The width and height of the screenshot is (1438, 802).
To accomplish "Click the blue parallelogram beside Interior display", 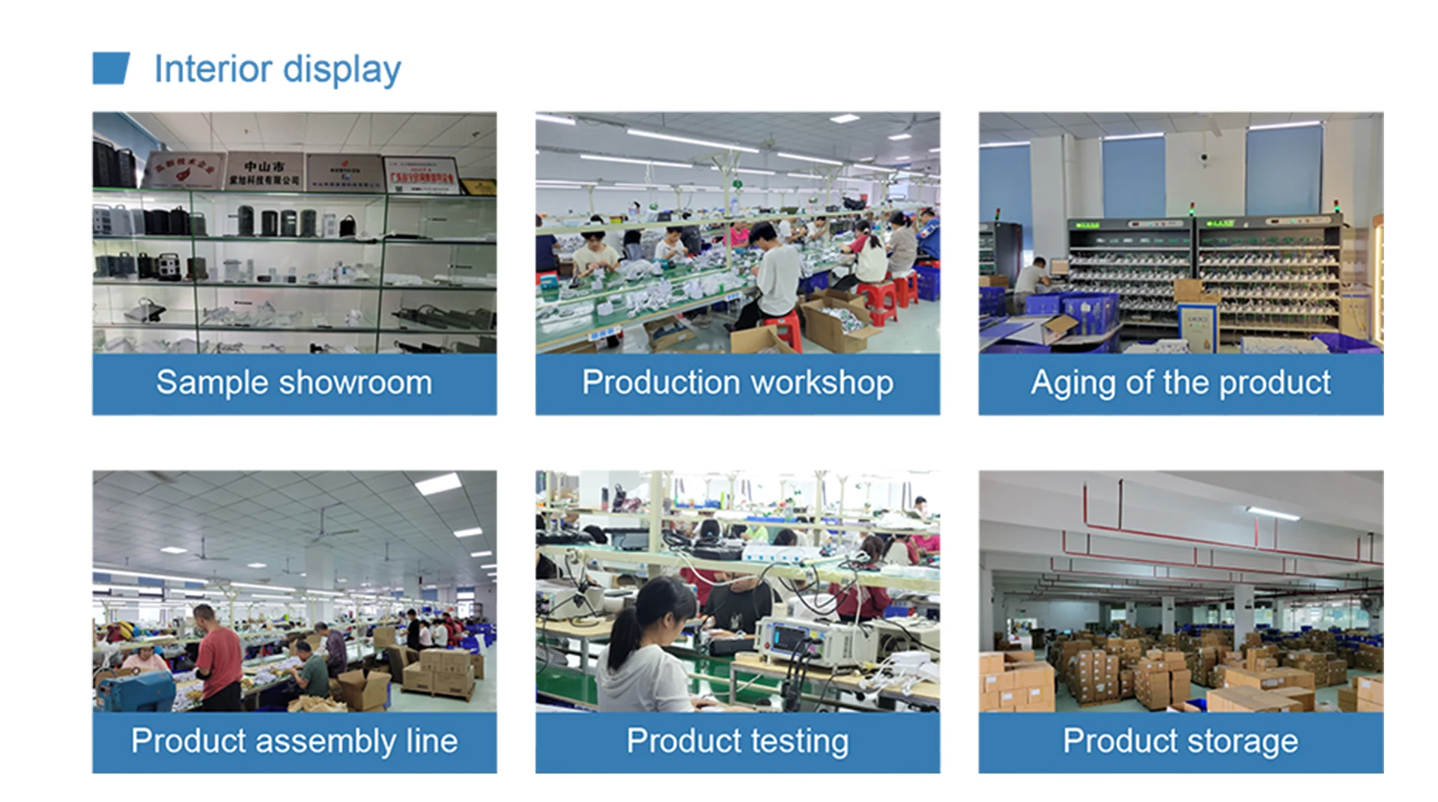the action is (x=111, y=68).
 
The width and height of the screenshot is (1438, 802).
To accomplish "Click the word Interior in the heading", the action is (x=213, y=69).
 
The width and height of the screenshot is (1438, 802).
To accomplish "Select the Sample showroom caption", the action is (x=294, y=383).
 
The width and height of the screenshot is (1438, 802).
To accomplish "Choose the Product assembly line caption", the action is (x=294, y=741).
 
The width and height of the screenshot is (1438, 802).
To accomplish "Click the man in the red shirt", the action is (x=216, y=659).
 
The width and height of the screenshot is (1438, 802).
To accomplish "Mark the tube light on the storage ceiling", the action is (x=1272, y=514).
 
